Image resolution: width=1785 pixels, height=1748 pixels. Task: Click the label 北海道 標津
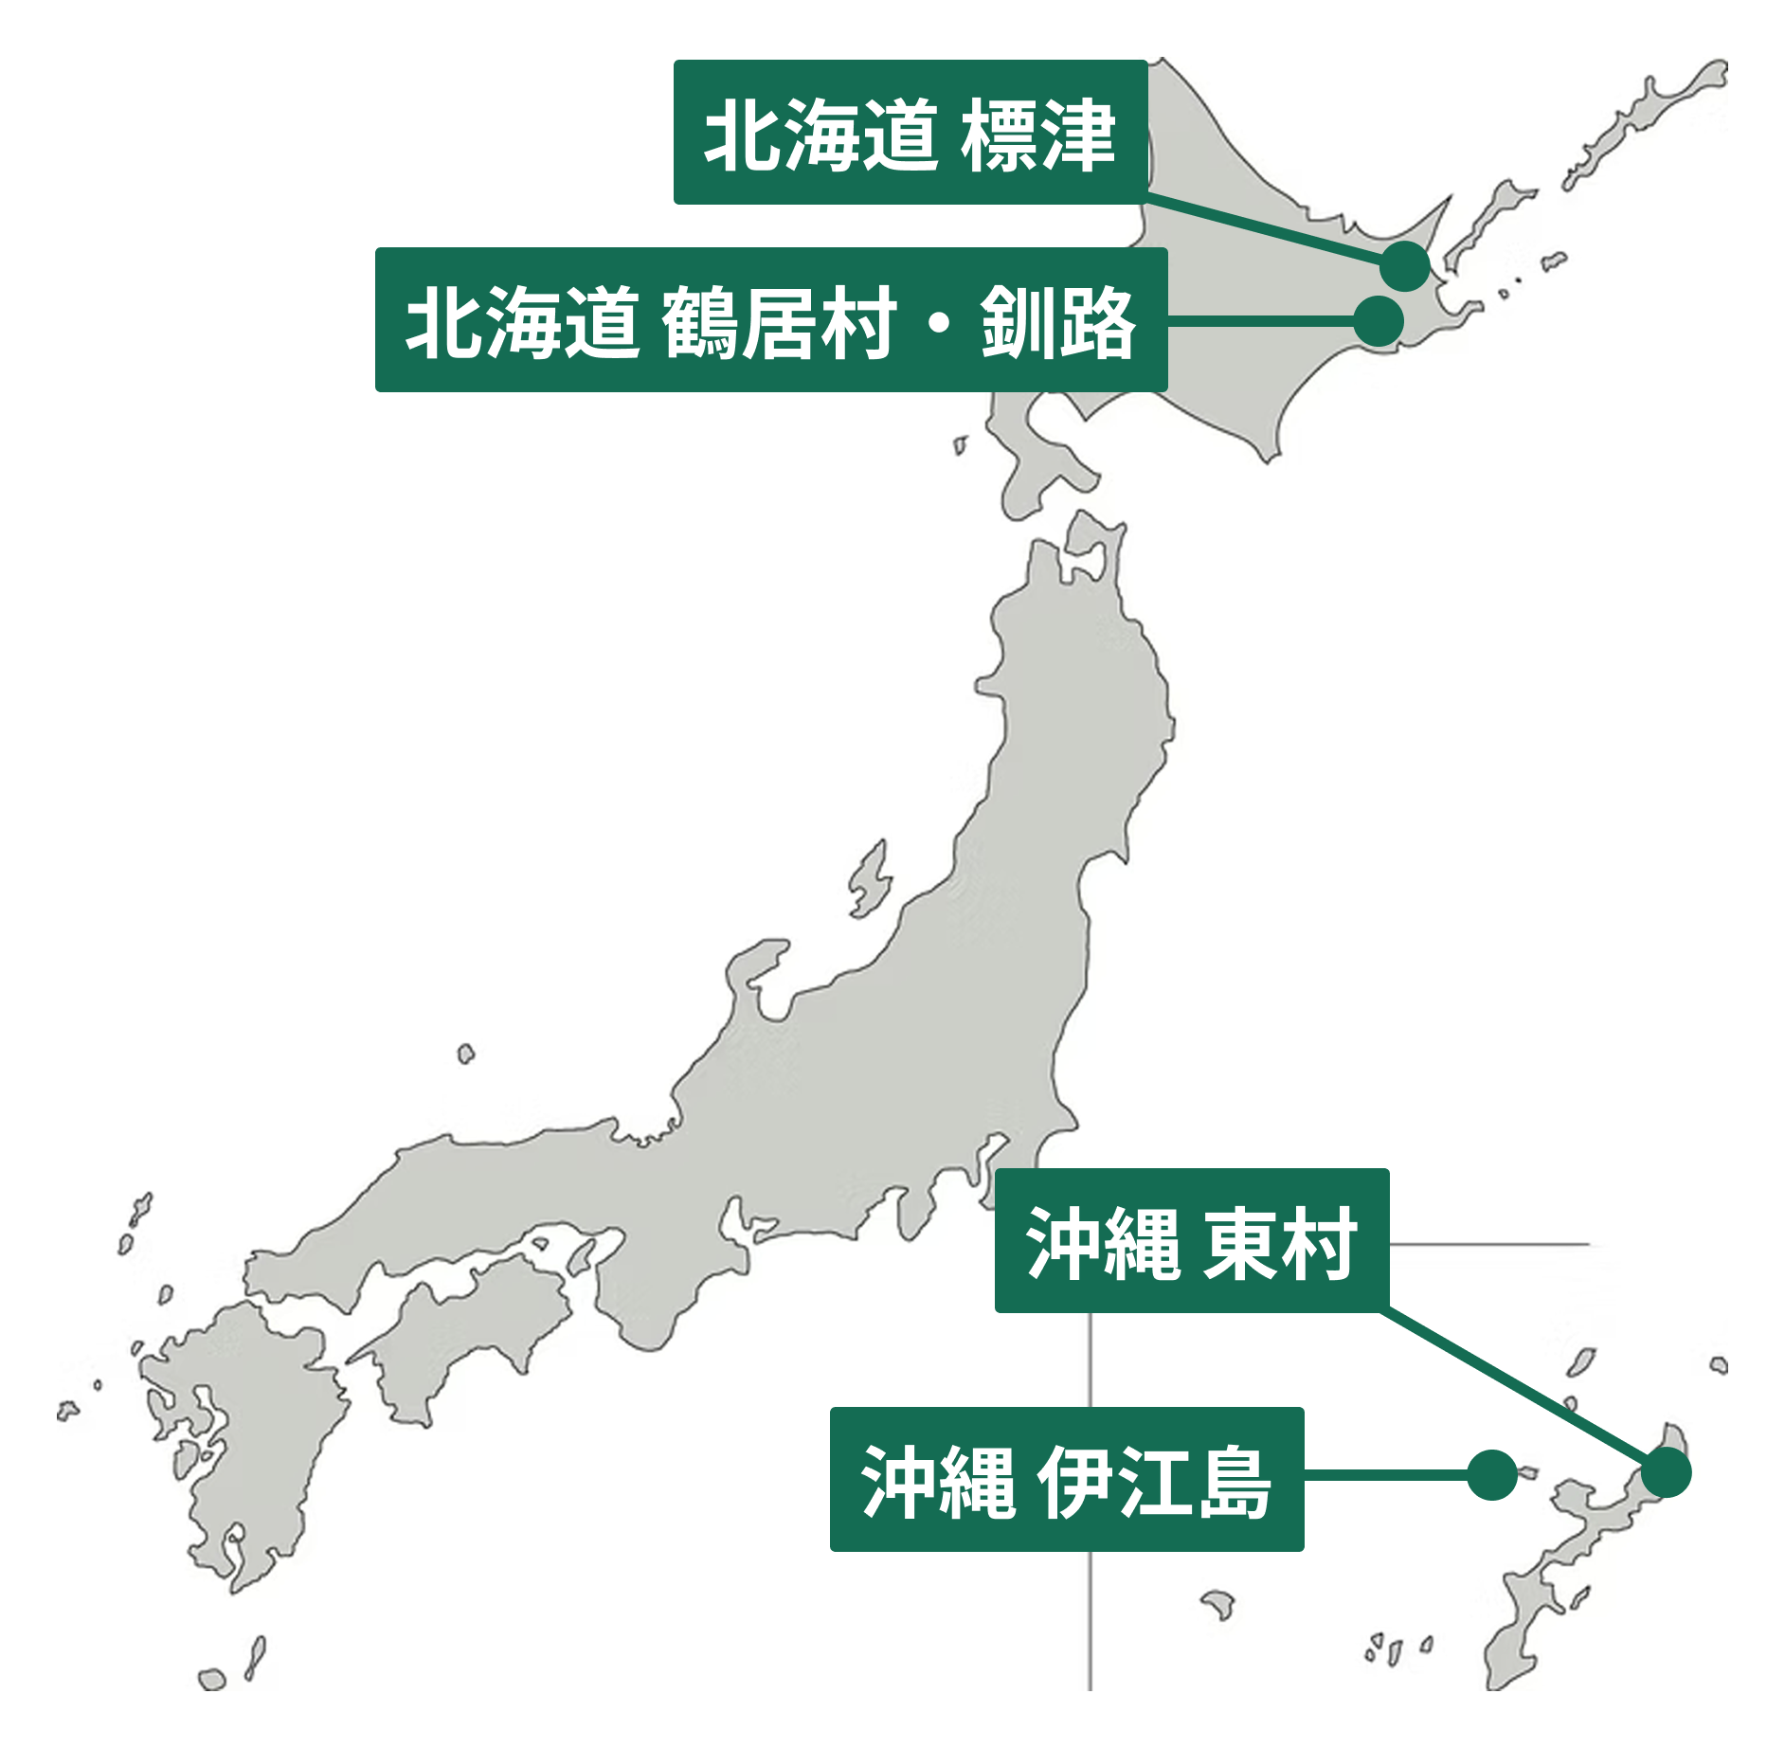click(910, 133)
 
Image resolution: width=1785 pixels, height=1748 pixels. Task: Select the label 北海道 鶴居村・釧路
click(770, 320)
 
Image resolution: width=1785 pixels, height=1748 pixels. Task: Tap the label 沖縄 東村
click(1191, 1240)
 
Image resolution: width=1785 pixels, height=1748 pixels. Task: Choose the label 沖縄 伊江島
click(1066, 1479)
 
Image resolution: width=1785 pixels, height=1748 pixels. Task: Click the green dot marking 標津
click(1404, 266)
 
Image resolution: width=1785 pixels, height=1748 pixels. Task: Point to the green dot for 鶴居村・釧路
click(1378, 321)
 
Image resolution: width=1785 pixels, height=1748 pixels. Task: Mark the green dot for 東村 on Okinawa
click(1666, 1473)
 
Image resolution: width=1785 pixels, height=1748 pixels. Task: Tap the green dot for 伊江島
click(1491, 1475)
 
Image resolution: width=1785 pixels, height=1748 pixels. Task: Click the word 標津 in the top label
click(1037, 135)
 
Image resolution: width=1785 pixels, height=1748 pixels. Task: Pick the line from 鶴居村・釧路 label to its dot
click(1260, 322)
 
